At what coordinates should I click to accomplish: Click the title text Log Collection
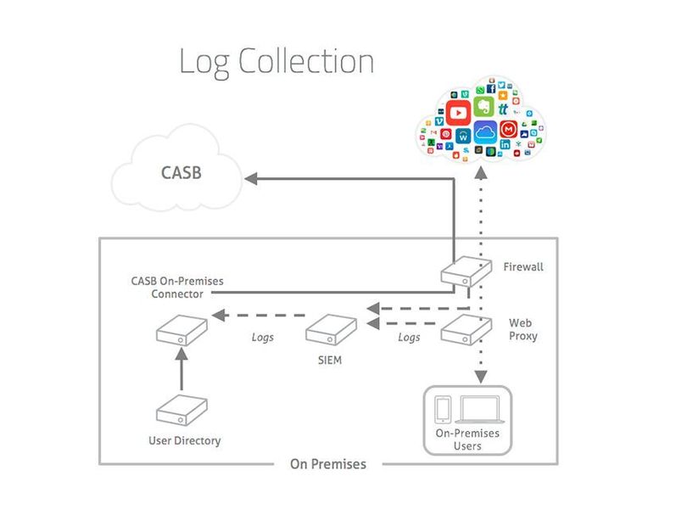(277, 62)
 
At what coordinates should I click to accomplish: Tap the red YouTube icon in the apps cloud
(459, 111)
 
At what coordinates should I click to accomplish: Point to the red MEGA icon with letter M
(509, 130)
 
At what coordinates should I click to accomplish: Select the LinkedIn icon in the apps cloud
(506, 146)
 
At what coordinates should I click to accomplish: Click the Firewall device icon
(465, 272)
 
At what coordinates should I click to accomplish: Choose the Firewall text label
(523, 266)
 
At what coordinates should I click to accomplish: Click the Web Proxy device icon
(465, 329)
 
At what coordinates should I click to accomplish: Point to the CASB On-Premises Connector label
(167, 287)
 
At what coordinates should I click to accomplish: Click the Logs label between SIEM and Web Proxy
(409, 337)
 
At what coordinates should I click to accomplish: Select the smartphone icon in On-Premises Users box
(443, 409)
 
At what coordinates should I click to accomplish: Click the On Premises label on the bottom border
(328, 464)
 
